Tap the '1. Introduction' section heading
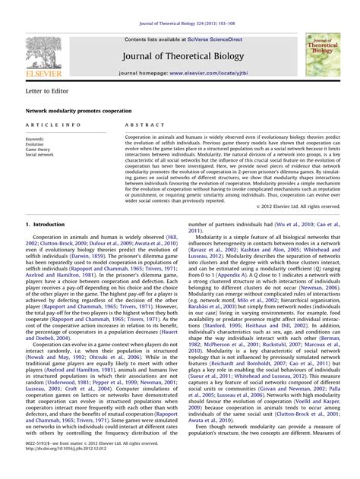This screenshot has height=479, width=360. tap(46, 225)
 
